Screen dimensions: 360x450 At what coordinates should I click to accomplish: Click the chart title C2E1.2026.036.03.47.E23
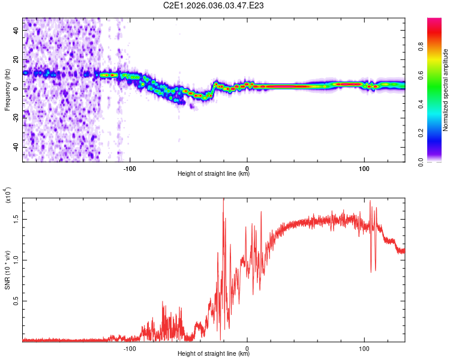click(214, 6)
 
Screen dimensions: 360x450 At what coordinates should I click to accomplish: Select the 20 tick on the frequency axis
click(17, 60)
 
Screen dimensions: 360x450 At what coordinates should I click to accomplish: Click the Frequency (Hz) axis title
click(7, 90)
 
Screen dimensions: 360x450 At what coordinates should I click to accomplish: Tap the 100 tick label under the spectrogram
click(364, 169)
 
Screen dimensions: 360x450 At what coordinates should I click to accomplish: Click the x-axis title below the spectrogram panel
click(214, 174)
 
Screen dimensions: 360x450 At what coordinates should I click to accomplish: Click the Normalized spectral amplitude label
click(446, 90)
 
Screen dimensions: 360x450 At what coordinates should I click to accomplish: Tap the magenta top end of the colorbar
click(434, 20)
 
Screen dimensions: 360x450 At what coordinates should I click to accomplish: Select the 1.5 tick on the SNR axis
click(17, 219)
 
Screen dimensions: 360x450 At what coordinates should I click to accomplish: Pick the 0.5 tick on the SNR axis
click(17, 301)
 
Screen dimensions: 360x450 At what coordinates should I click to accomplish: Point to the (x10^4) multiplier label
click(8, 196)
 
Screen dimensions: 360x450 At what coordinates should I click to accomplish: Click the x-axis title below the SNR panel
click(214, 354)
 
